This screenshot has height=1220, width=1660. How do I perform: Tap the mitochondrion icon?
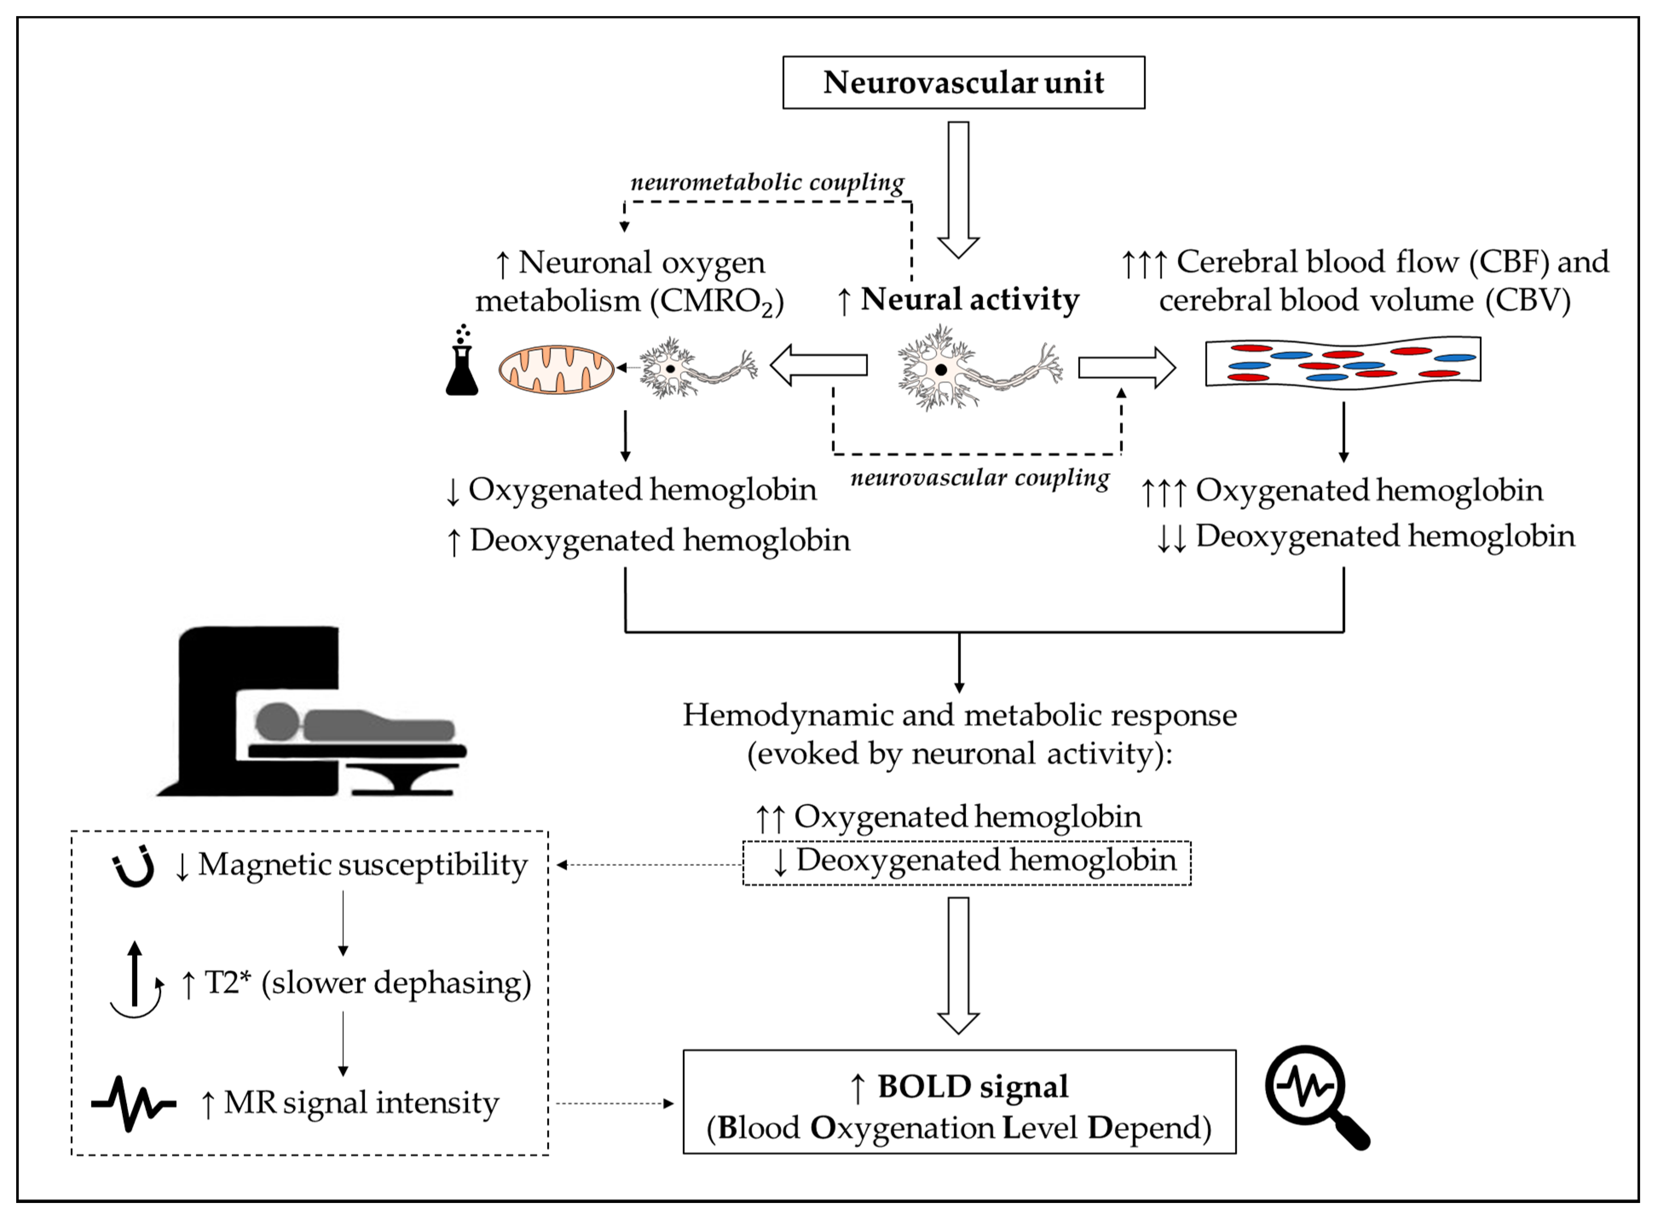[x=556, y=368]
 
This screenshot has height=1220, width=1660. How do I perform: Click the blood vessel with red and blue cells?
[x=1342, y=362]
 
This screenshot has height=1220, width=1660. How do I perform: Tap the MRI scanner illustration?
[x=311, y=711]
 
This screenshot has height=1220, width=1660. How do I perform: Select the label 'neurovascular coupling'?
[x=980, y=478]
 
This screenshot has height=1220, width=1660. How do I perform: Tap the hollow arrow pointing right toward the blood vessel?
[x=1126, y=367]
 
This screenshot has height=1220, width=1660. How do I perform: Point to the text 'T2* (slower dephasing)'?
[x=368, y=983]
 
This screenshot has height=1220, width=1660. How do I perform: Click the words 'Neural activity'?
[x=970, y=300]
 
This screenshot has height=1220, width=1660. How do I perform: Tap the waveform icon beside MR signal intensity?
[x=134, y=1103]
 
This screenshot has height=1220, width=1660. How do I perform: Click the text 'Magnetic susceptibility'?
[x=363, y=865]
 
